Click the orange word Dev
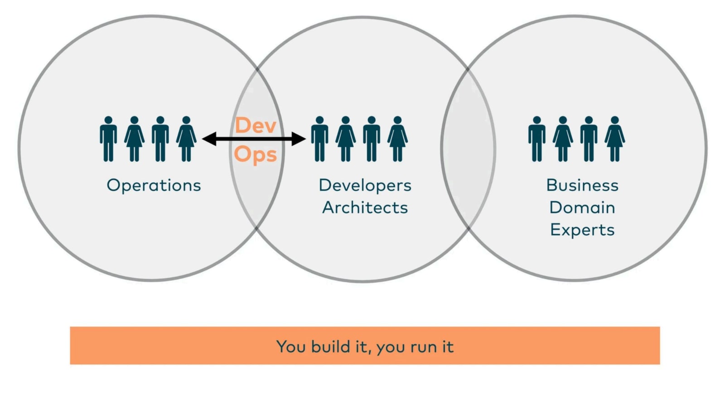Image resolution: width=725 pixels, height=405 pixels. (x=256, y=125)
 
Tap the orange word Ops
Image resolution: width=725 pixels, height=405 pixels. (x=256, y=154)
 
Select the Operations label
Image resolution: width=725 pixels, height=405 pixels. (x=154, y=185)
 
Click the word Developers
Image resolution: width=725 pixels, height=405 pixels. (x=365, y=185)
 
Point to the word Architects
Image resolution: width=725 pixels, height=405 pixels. (x=365, y=207)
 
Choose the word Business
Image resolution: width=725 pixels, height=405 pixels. (x=582, y=185)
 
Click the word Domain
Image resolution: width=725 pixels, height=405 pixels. (x=582, y=207)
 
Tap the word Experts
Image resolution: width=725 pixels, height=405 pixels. (x=582, y=230)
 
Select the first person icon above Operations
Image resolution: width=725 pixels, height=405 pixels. (x=108, y=139)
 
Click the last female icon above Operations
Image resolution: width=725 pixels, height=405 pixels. (x=186, y=139)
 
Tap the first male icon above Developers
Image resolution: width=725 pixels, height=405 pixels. (x=319, y=139)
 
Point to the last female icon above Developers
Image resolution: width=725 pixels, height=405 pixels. (x=397, y=139)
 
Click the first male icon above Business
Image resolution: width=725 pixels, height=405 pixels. (x=536, y=139)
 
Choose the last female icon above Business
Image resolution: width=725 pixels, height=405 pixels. (x=614, y=139)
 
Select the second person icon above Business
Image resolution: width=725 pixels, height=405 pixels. (x=563, y=139)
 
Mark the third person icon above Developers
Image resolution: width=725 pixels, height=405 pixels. (x=372, y=139)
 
